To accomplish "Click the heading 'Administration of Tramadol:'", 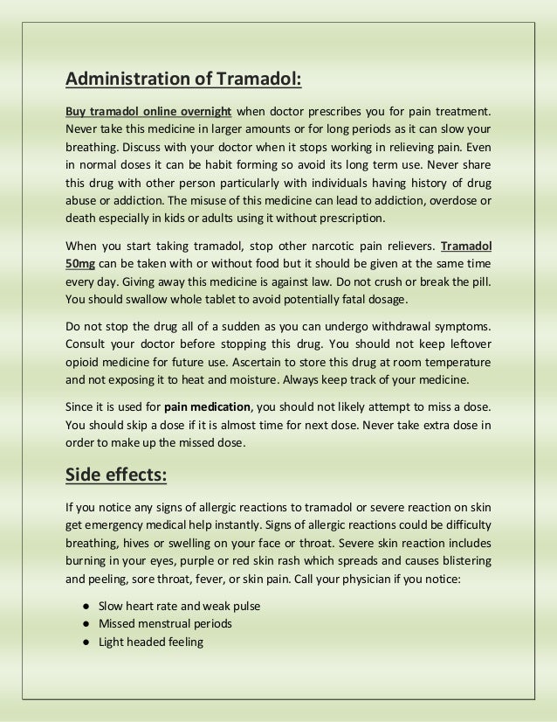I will click(x=183, y=81).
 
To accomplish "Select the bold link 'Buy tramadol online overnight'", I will click(x=148, y=112).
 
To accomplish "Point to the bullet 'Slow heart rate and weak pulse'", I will click(x=179, y=606).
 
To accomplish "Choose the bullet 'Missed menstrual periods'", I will click(x=165, y=624).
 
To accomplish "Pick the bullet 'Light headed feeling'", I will click(x=150, y=642).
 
